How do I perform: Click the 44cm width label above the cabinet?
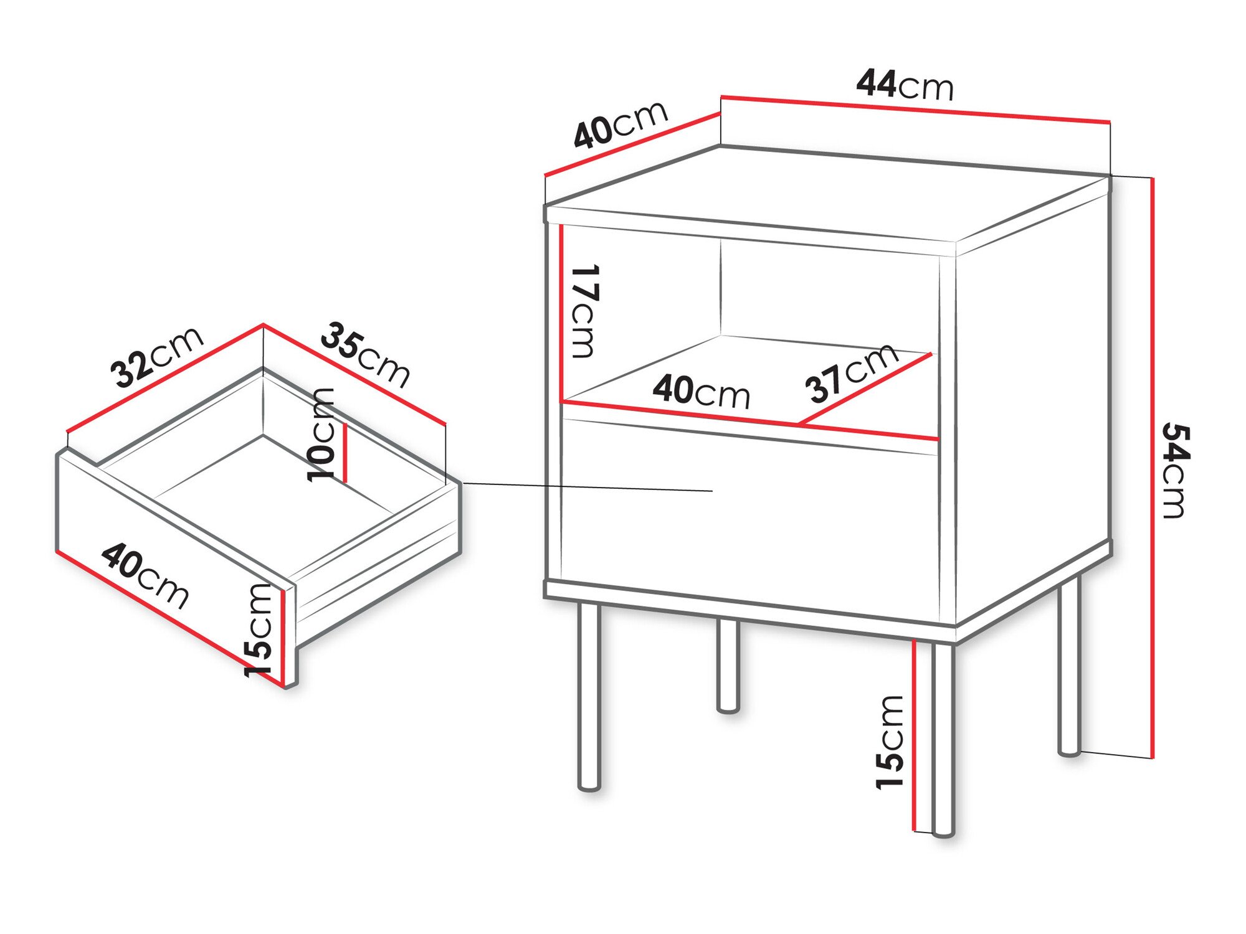[x=905, y=85]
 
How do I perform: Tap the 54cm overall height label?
[x=1176, y=471]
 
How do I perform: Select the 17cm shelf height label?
[x=584, y=311]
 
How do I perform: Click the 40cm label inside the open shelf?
[x=701, y=392]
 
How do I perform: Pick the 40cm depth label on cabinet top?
[x=621, y=125]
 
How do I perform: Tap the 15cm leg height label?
[x=890, y=742]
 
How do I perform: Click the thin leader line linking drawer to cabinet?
[x=586, y=487]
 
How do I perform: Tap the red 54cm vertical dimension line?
[x=1153, y=467]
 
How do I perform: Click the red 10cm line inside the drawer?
[x=343, y=452]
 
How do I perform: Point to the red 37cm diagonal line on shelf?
[x=866, y=389]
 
